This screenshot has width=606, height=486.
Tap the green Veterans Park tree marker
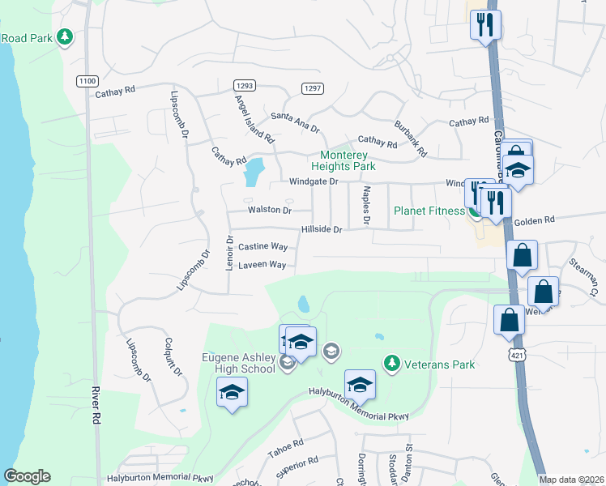coord(392,362)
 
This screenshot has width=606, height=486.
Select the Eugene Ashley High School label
coord(238,363)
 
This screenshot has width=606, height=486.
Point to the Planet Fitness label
coord(429,211)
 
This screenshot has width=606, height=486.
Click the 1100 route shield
coord(87,81)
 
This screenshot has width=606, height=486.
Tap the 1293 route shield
coord(244,85)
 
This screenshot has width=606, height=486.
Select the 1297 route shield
coord(311,87)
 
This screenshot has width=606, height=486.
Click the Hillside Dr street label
coord(322,229)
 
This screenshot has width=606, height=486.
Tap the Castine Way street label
coord(262,246)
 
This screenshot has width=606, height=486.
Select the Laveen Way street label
coord(262,265)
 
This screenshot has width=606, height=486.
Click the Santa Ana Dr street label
coord(296,122)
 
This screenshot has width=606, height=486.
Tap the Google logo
coord(27,476)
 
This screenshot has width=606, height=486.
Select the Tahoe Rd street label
coord(287,448)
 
